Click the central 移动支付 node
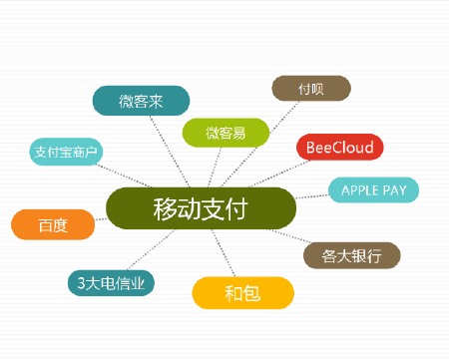tap(201, 208)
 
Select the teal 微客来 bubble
tap(141, 101)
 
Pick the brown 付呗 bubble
tap(310, 88)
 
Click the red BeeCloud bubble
tap(339, 148)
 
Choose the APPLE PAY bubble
tap(373, 189)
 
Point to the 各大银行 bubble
tap(351, 255)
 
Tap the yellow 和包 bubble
tap(242, 293)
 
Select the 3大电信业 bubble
tap(111, 283)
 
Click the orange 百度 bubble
tap(53, 225)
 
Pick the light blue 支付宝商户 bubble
tap(67, 153)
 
